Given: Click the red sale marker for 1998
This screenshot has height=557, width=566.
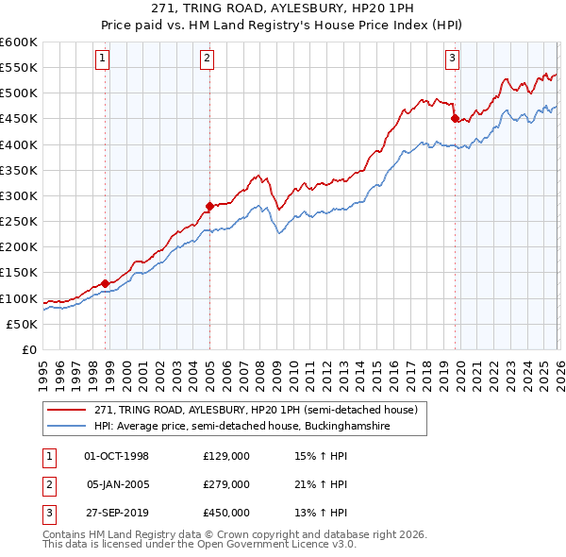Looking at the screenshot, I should click(105, 282).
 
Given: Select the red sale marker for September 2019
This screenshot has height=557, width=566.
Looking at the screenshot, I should click(455, 118).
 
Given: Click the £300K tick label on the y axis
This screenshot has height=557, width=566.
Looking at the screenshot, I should click(18, 195).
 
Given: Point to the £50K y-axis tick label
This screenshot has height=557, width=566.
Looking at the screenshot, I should click(22, 324).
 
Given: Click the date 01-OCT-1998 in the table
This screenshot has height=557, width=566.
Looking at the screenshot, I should click(116, 456).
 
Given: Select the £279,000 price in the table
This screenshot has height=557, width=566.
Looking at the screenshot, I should click(225, 484).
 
